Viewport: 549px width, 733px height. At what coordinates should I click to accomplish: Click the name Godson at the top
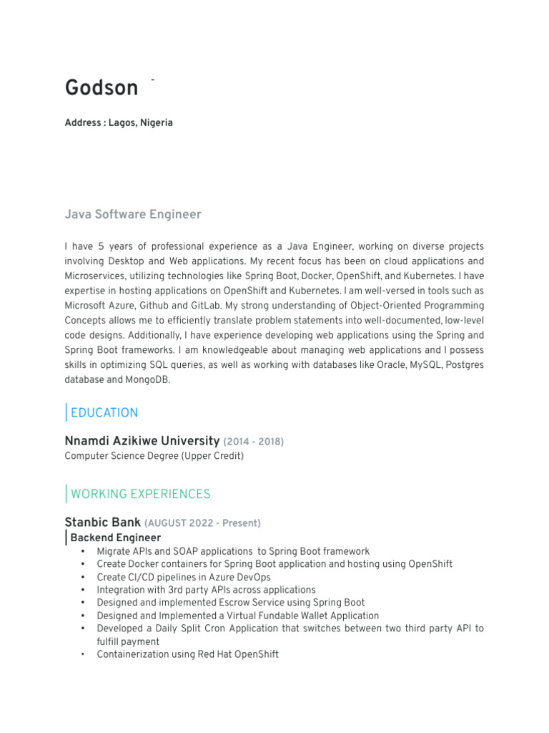102,88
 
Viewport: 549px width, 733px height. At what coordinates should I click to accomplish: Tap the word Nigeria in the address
157,122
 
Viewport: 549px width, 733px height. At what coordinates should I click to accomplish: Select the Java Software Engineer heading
133,214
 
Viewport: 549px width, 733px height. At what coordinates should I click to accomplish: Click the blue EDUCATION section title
104,412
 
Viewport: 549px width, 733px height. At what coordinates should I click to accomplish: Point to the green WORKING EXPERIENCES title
141,494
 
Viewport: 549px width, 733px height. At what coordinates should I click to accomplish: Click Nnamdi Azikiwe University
142,441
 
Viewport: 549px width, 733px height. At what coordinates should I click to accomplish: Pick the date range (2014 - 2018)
254,442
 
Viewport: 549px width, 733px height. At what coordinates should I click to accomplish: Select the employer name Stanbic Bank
103,523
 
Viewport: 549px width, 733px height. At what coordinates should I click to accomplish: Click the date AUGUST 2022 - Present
203,523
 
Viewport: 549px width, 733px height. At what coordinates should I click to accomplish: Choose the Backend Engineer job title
116,538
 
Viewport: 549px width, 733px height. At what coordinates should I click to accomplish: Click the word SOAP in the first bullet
177,551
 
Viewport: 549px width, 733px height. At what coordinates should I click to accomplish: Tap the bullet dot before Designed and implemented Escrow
83,603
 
